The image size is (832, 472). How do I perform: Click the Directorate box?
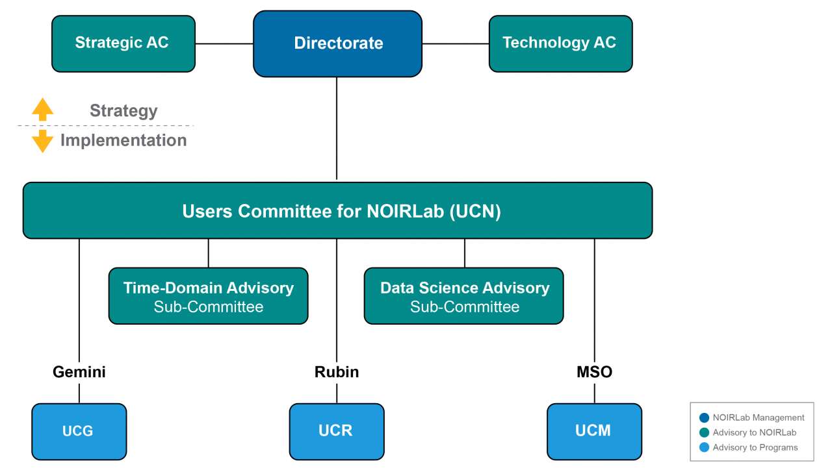coord(337,43)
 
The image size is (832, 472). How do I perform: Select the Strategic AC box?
coord(123,43)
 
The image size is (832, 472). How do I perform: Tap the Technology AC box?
coord(560,43)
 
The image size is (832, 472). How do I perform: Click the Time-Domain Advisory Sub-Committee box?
coord(209,296)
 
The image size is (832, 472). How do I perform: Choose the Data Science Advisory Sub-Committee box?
coord(464,296)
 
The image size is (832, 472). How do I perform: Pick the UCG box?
coord(79,432)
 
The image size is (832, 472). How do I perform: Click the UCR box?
coord(337,432)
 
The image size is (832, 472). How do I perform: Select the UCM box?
coord(594,432)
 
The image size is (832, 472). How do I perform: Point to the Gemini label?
coord(79,372)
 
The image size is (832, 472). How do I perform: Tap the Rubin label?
coord(337,372)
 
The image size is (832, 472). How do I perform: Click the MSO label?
coord(594,372)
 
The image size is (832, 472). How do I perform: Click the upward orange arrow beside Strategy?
coord(42,109)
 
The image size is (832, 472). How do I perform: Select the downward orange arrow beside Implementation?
coord(42,142)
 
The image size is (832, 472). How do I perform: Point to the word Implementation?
coord(123,141)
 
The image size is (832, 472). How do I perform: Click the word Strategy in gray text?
coord(123,111)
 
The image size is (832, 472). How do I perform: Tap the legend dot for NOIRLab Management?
coord(704,418)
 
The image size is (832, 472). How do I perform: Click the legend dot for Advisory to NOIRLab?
coord(704,432)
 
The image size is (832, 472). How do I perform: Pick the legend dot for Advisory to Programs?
coord(704,447)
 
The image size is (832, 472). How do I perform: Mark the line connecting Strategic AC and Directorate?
coord(224,43)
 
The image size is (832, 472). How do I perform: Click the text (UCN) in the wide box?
coord(475,212)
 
